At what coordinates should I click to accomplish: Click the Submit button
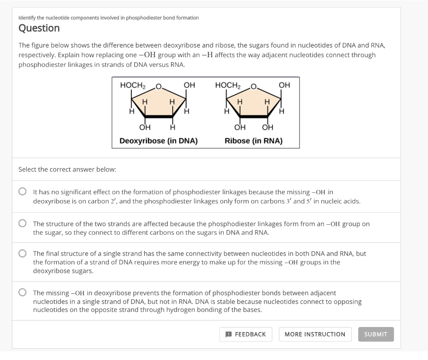(376, 334)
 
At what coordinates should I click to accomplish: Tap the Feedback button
(246, 334)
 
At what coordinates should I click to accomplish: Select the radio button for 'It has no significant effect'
(23, 192)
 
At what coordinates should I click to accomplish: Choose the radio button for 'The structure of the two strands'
(23, 224)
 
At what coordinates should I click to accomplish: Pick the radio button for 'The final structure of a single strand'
(23, 254)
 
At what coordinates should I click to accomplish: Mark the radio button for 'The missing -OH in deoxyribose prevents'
(23, 293)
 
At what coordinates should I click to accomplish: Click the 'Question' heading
(39, 28)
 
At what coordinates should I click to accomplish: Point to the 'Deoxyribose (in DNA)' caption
(158, 141)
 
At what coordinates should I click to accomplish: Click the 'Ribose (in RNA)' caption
(253, 141)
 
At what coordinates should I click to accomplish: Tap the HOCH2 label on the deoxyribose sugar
(132, 85)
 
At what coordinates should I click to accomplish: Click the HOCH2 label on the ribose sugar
(228, 85)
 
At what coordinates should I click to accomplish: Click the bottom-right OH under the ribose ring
(267, 127)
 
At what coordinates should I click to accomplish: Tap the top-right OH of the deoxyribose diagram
(189, 85)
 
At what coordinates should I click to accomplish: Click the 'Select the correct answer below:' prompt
(67, 169)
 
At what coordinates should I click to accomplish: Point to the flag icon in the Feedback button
(229, 334)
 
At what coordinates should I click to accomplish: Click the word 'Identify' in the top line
(25, 18)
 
